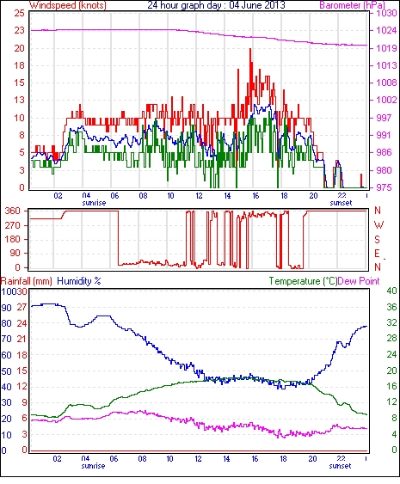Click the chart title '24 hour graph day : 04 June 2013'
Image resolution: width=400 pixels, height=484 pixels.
click(216, 5)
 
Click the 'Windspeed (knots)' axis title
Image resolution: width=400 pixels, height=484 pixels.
click(68, 5)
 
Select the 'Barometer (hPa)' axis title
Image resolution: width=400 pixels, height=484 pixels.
click(352, 5)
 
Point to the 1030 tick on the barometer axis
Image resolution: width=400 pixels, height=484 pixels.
click(386, 13)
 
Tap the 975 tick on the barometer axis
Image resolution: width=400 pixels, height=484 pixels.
click(385, 187)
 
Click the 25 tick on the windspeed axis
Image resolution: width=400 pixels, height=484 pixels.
click(19, 13)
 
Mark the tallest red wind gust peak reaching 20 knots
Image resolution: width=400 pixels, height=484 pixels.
click(250, 49)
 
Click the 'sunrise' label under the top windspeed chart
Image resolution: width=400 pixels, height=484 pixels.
click(94, 203)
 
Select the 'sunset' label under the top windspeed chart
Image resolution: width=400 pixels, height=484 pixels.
click(341, 203)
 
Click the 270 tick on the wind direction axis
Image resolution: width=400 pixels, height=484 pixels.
click(13, 225)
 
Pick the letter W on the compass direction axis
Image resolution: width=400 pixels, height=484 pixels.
click(378, 225)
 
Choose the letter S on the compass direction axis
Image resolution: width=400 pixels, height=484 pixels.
click(377, 239)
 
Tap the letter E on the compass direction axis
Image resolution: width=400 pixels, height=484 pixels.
click(377, 254)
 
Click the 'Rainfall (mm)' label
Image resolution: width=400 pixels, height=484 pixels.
click(27, 281)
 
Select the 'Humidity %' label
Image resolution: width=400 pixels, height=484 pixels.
click(79, 281)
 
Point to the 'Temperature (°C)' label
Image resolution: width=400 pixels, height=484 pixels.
click(303, 281)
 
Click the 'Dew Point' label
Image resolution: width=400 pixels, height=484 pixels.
click(359, 281)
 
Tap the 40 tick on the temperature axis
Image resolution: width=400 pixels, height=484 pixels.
click(391, 291)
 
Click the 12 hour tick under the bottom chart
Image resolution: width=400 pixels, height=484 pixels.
click(198, 459)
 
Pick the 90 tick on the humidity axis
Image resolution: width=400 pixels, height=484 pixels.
click(7, 308)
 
